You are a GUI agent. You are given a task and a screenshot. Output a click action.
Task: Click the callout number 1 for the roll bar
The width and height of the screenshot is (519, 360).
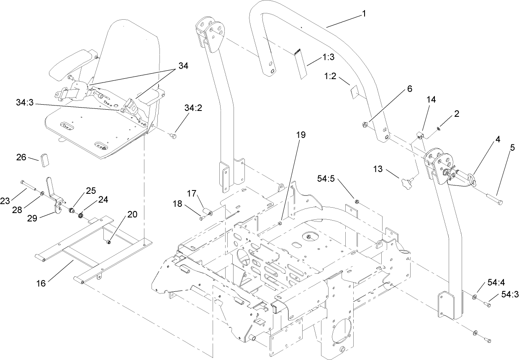pos(364,13)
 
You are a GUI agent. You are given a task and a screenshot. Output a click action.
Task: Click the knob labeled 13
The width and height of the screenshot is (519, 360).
pos(406,183)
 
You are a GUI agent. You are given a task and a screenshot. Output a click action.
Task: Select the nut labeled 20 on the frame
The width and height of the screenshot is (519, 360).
pos(108,241)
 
